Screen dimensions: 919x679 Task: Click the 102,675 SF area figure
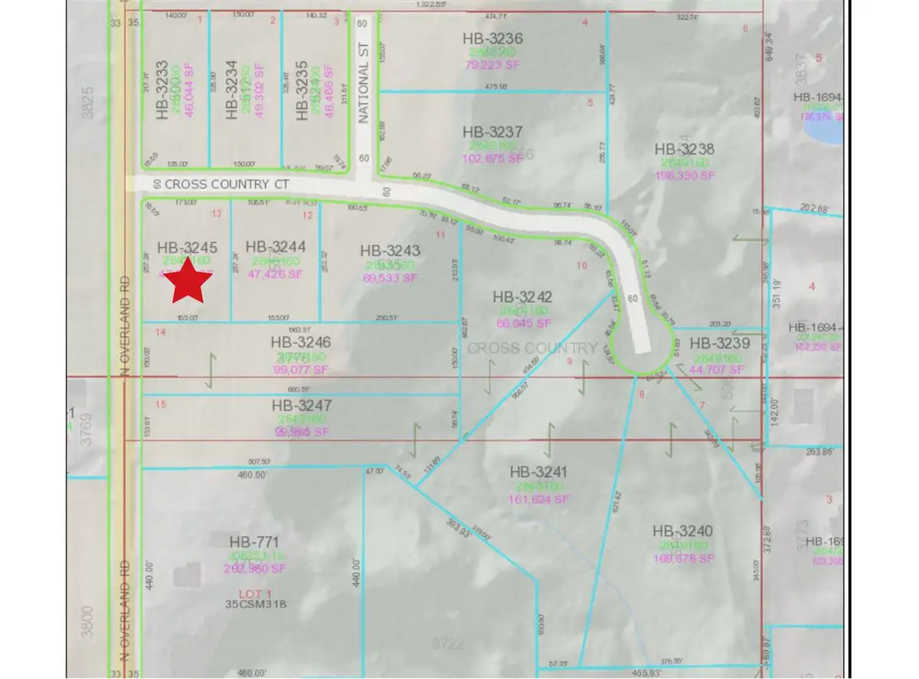coord(493,159)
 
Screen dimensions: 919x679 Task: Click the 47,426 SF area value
coord(276,271)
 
